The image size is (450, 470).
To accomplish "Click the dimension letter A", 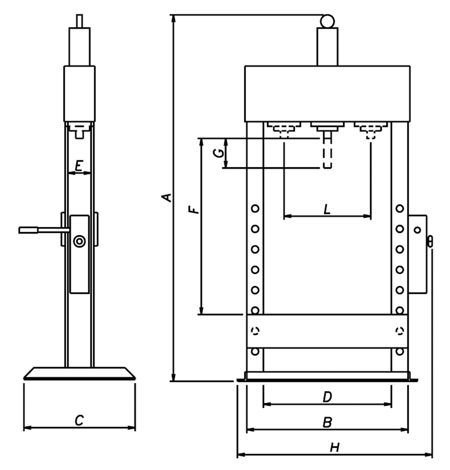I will pyautogui.click(x=167, y=197).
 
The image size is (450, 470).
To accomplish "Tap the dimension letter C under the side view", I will pyautogui.click(x=79, y=421).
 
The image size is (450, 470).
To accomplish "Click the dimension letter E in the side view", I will pyautogui.click(x=79, y=166).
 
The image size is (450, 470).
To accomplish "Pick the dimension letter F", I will pyautogui.click(x=194, y=207).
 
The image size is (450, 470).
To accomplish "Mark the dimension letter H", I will pyautogui.click(x=334, y=448).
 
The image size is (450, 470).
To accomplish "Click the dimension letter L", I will pyautogui.click(x=327, y=210).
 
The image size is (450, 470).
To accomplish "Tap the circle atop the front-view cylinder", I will pyautogui.click(x=327, y=21).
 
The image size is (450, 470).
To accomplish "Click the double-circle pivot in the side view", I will pyautogui.click(x=80, y=241).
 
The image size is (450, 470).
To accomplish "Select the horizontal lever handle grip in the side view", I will pyautogui.click(x=29, y=230).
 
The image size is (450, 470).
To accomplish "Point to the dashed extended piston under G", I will pyautogui.click(x=327, y=154).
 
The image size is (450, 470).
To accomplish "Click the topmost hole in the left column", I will pyautogui.click(x=255, y=208).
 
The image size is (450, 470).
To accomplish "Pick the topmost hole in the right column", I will pyautogui.click(x=399, y=208).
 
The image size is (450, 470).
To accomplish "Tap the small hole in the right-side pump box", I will pyautogui.click(x=417, y=229).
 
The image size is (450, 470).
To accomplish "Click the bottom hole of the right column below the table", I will pyautogui.click(x=399, y=351).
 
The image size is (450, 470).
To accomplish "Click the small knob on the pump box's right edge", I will pyautogui.click(x=430, y=241).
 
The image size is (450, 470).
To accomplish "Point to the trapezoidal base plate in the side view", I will pyautogui.click(x=79, y=373).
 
